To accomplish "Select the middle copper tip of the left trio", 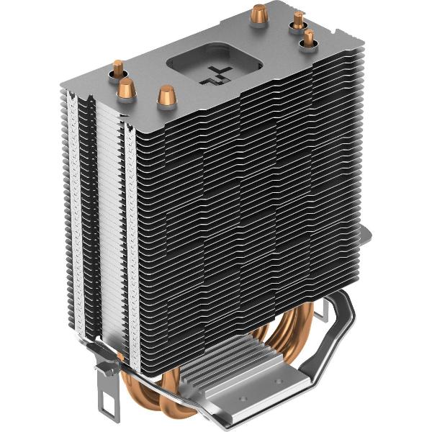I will (x=127, y=89).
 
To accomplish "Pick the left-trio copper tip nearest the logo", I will (x=167, y=94).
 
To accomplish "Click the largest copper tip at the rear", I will (x=256, y=12).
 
